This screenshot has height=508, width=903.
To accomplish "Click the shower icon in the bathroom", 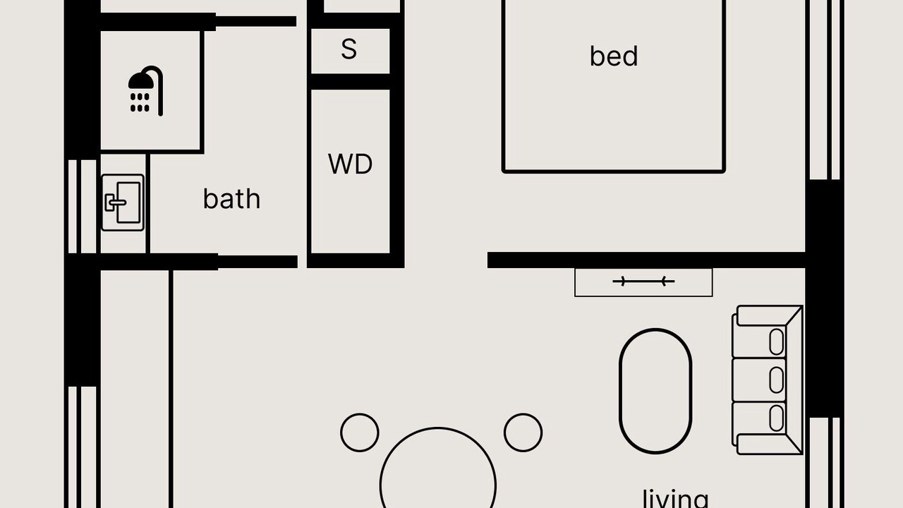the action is pyautogui.click(x=146, y=91).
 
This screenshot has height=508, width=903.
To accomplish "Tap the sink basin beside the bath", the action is pyautogui.click(x=123, y=202).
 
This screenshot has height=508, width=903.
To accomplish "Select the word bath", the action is pyautogui.click(x=232, y=199).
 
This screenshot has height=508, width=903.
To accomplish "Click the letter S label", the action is pyautogui.click(x=349, y=49).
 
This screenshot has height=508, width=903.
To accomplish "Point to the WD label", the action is pyautogui.click(x=351, y=164).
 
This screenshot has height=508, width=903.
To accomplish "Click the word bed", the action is pyautogui.click(x=614, y=56).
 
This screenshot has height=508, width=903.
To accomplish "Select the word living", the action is pyautogui.click(x=676, y=498).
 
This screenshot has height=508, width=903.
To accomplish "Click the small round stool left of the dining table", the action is pyautogui.click(x=360, y=433).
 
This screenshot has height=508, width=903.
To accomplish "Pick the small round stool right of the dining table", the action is pyautogui.click(x=523, y=433).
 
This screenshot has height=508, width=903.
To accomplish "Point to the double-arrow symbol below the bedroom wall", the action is pyautogui.click(x=643, y=282).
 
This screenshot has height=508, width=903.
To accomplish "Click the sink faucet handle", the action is pyautogui.click(x=116, y=202).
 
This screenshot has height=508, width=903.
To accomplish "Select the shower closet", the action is pyautogui.click(x=150, y=91).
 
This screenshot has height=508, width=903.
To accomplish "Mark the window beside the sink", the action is pyautogui.click(x=83, y=207).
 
